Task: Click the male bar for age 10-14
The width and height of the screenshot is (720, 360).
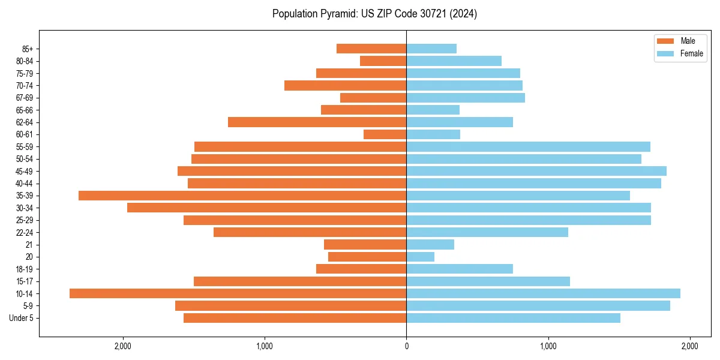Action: pyautogui.click(x=238, y=293)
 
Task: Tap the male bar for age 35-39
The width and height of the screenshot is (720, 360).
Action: pyautogui.click(x=242, y=196)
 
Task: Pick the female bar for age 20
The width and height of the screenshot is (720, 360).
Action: pyautogui.click(x=420, y=257)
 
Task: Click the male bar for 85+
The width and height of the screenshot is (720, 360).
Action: pyautogui.click(x=371, y=49)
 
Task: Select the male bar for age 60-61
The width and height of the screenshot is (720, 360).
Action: pyautogui.click(x=385, y=134)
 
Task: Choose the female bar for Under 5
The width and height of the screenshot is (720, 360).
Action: pyautogui.click(x=513, y=318)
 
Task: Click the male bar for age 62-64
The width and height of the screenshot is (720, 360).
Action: pyautogui.click(x=317, y=122)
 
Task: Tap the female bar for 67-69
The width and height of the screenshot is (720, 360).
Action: pyautogui.click(x=466, y=98)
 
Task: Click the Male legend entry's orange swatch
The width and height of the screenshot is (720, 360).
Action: pyautogui.click(x=665, y=41)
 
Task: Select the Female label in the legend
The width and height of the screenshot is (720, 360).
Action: pyautogui.click(x=692, y=53)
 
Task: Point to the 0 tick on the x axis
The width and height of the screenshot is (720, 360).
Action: pyautogui.click(x=406, y=346)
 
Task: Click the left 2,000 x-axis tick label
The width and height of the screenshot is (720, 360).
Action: pyautogui.click(x=123, y=346)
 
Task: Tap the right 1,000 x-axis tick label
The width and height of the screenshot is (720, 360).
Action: pyautogui.click(x=548, y=346)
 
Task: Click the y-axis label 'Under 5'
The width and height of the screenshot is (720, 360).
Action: pyautogui.click(x=22, y=318)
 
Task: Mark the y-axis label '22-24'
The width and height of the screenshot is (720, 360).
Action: pyautogui.click(x=25, y=232)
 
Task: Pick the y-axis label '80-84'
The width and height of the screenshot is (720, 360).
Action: pyautogui.click(x=25, y=61)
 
